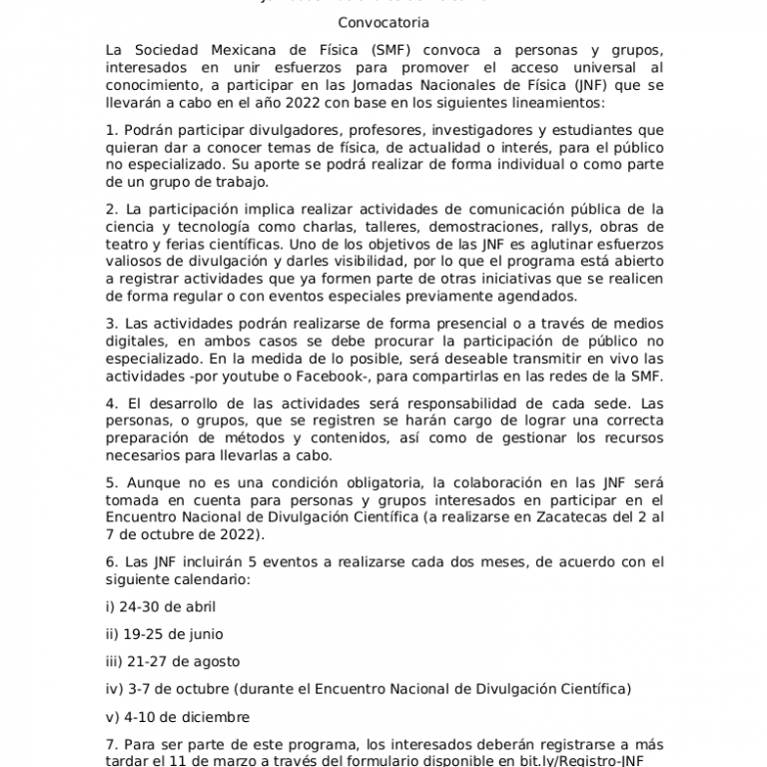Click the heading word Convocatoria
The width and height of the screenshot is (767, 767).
[x=383, y=21]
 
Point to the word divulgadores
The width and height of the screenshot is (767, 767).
[x=259, y=130]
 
